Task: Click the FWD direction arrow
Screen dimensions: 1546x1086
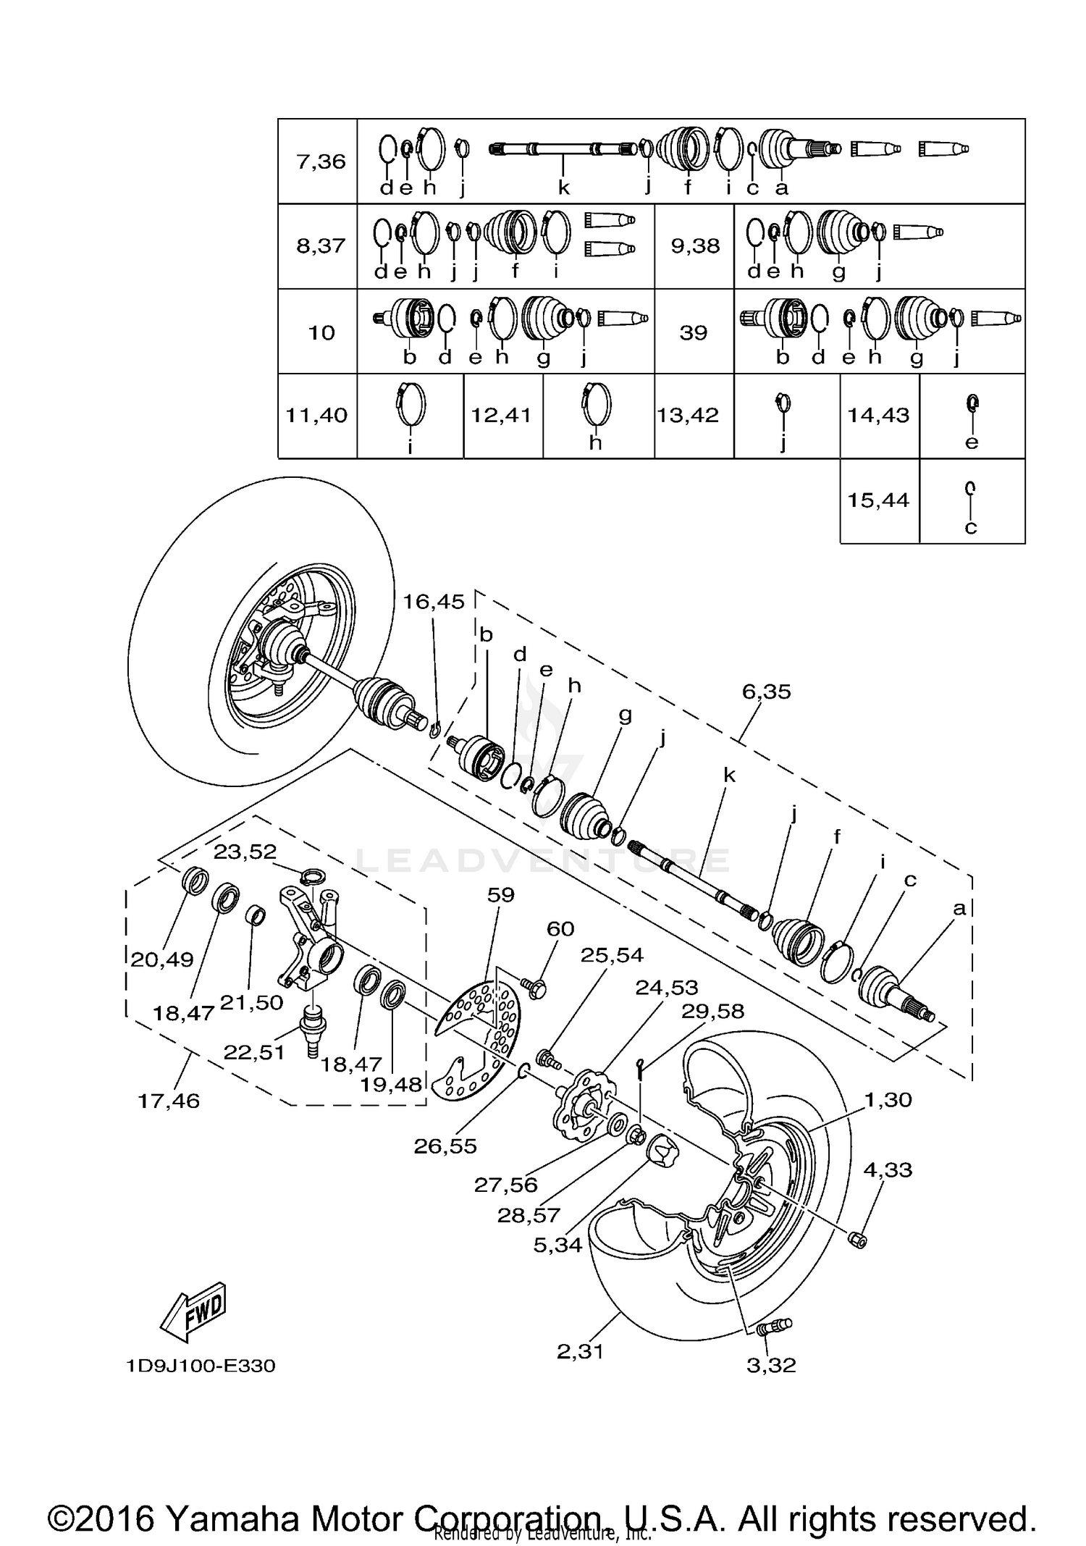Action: coord(193,1311)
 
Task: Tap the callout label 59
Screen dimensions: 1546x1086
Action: coord(500,895)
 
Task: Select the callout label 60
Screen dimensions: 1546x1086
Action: coord(560,928)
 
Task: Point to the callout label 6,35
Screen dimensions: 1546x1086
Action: coord(767,692)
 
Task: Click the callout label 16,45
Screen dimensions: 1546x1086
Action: coord(434,602)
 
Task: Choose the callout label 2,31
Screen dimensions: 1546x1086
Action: coord(580,1352)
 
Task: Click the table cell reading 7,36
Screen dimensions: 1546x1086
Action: coord(321,161)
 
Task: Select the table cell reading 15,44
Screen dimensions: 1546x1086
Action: coord(878,500)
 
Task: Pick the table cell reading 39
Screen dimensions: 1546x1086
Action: coord(694,332)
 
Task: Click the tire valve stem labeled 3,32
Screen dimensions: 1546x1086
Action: coord(774,1327)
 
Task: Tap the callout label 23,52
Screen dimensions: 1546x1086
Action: coord(245,852)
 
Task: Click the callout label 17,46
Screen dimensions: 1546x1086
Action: coord(169,1101)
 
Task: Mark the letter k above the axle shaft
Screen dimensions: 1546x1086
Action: coord(729,776)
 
